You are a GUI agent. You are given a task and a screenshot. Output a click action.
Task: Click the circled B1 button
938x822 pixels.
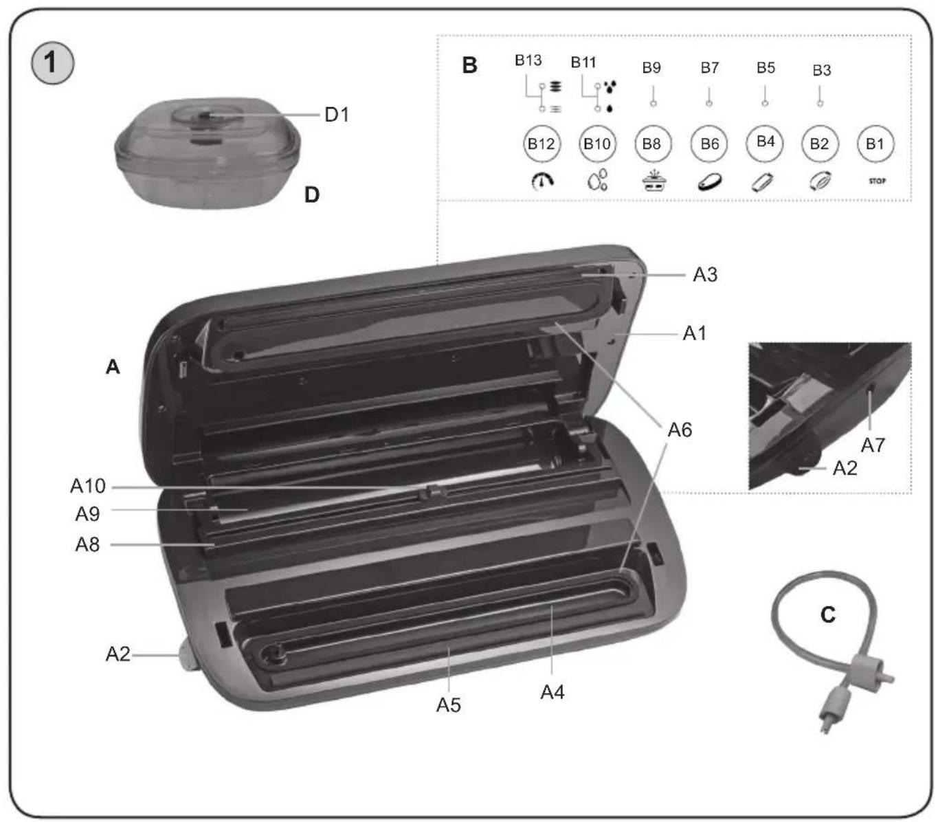pyautogui.click(x=875, y=144)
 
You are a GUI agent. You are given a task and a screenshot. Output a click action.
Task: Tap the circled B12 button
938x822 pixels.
pyautogui.click(x=541, y=144)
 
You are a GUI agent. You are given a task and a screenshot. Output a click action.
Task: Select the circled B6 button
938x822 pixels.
pyautogui.click(x=708, y=144)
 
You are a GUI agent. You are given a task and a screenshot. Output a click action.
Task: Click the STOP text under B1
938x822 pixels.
pyautogui.click(x=877, y=181)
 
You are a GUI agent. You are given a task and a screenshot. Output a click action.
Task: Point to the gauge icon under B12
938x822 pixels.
pyautogui.click(x=542, y=181)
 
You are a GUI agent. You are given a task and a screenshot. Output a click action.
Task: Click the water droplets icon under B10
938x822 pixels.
pyautogui.click(x=597, y=181)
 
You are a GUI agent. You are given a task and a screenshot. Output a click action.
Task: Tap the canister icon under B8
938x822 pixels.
pyautogui.click(x=653, y=181)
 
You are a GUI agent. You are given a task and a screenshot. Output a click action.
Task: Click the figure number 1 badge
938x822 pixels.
pyautogui.click(x=52, y=63)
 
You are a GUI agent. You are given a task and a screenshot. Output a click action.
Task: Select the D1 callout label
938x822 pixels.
pyautogui.click(x=337, y=115)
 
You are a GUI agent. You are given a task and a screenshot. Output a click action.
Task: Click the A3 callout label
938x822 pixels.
pyautogui.click(x=704, y=275)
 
